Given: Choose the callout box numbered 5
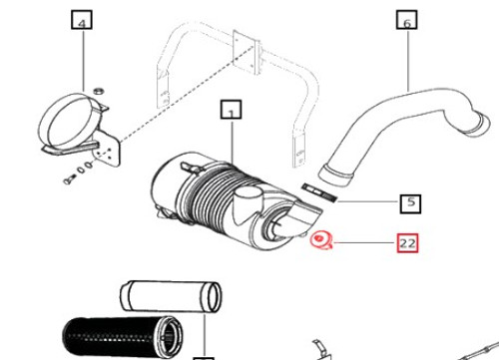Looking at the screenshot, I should point(409,203).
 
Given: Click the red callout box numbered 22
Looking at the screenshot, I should point(407,241).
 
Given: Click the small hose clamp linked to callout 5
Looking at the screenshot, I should point(316,188).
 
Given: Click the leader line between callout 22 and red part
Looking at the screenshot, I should point(364,241).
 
